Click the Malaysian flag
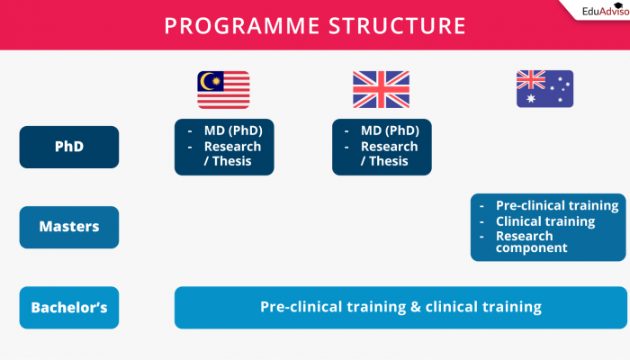click(224, 89)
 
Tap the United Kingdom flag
click(381, 89)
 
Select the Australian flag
click(544, 89)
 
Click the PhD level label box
click(68, 147)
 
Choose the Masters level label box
click(68, 227)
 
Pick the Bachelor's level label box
click(68, 308)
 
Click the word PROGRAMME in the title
click(240, 24)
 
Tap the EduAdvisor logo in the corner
click(596, 13)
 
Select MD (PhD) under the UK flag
click(390, 131)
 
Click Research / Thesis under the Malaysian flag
click(232, 154)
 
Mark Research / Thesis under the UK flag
click(390, 154)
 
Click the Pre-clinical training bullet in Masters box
click(556, 205)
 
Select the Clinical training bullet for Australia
click(544, 221)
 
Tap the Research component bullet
click(531, 241)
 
